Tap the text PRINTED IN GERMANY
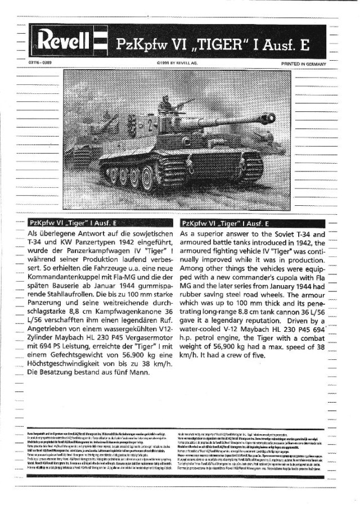tap(304, 64)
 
